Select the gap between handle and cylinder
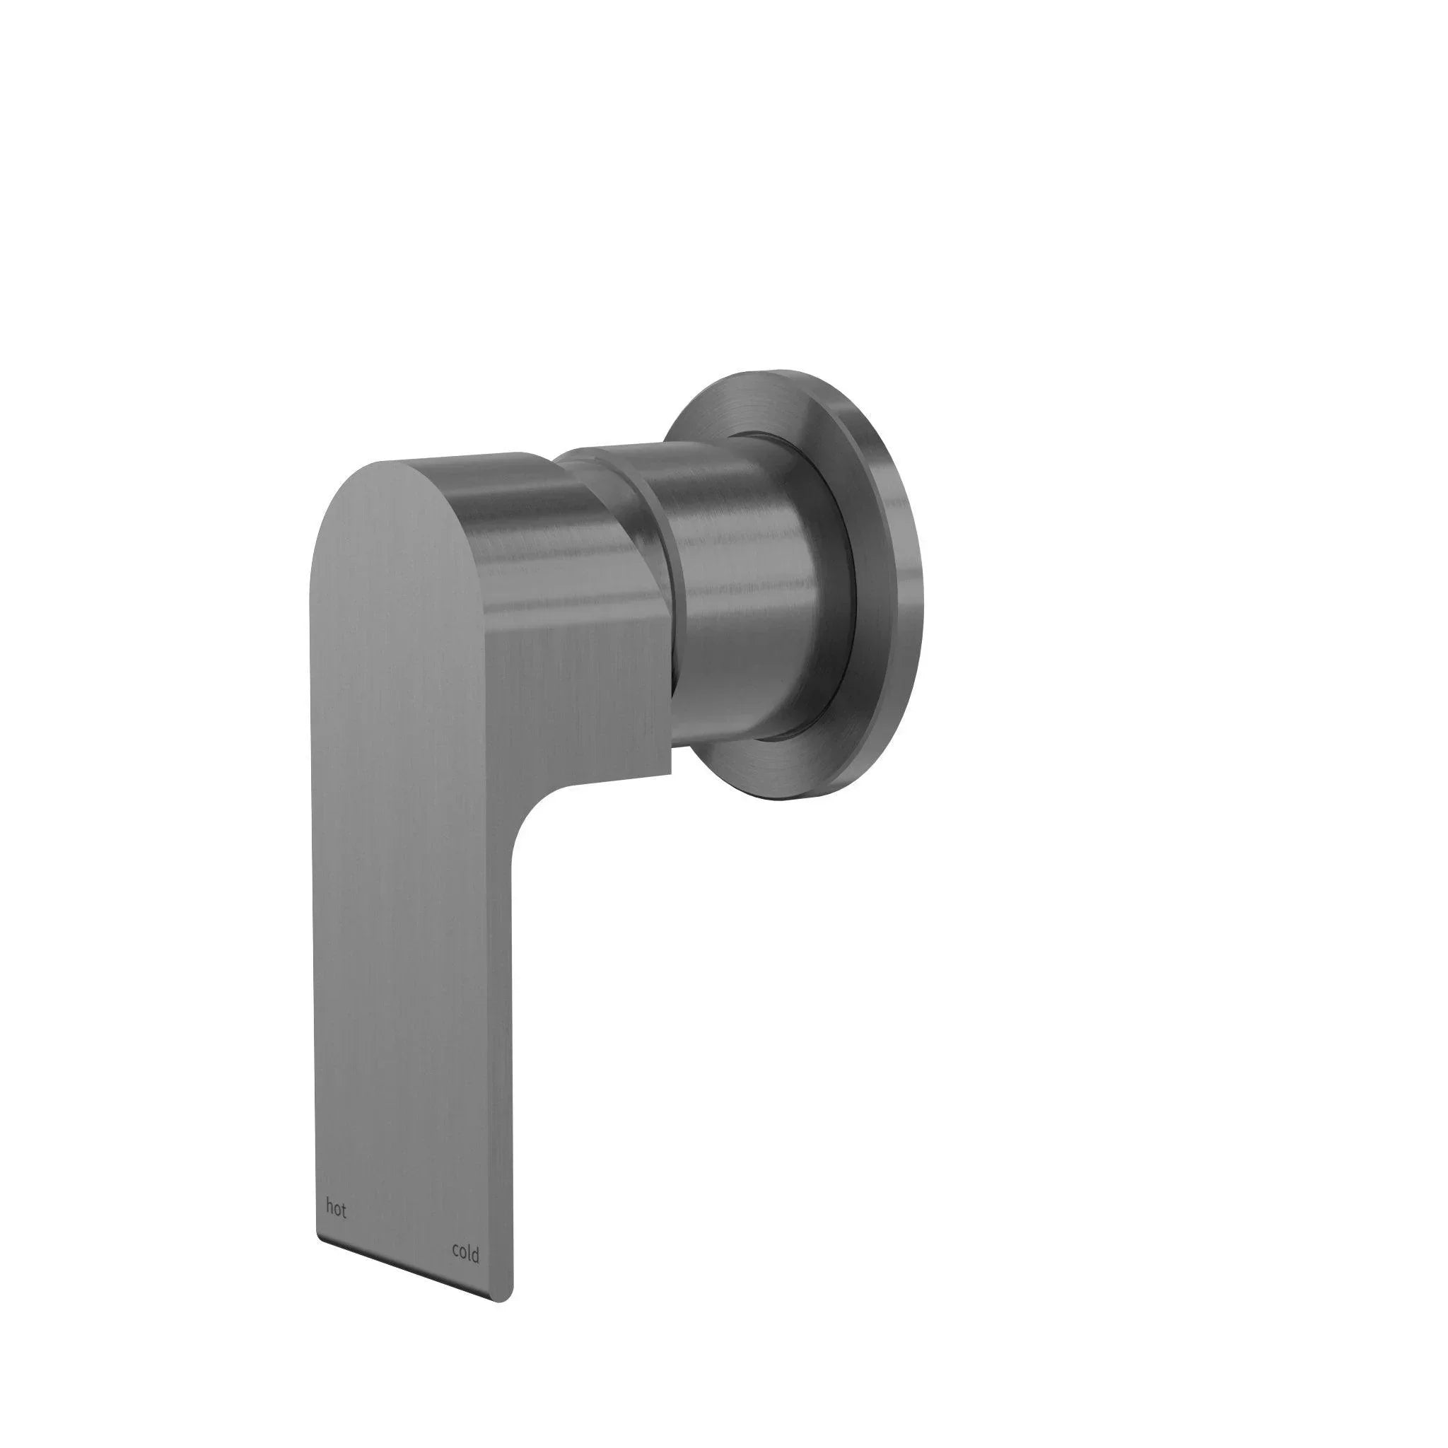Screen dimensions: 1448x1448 [672, 600]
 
